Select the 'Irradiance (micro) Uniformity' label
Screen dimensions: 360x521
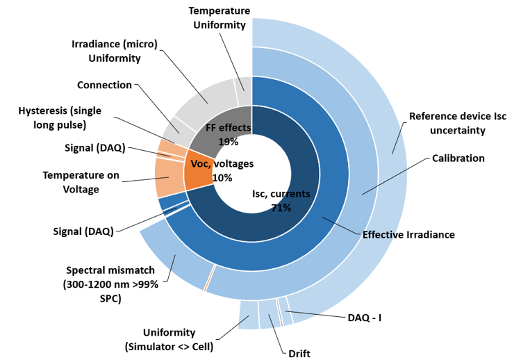pos(115,51)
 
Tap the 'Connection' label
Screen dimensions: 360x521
pos(104,85)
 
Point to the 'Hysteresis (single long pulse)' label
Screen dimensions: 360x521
pos(62,117)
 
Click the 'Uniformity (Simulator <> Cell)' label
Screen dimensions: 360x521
pos(169,339)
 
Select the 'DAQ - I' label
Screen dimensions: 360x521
pos(365,318)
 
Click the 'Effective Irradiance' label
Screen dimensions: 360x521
pos(408,235)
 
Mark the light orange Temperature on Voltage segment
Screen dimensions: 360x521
pos(169,177)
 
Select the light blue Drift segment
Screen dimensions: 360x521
pos(268,312)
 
